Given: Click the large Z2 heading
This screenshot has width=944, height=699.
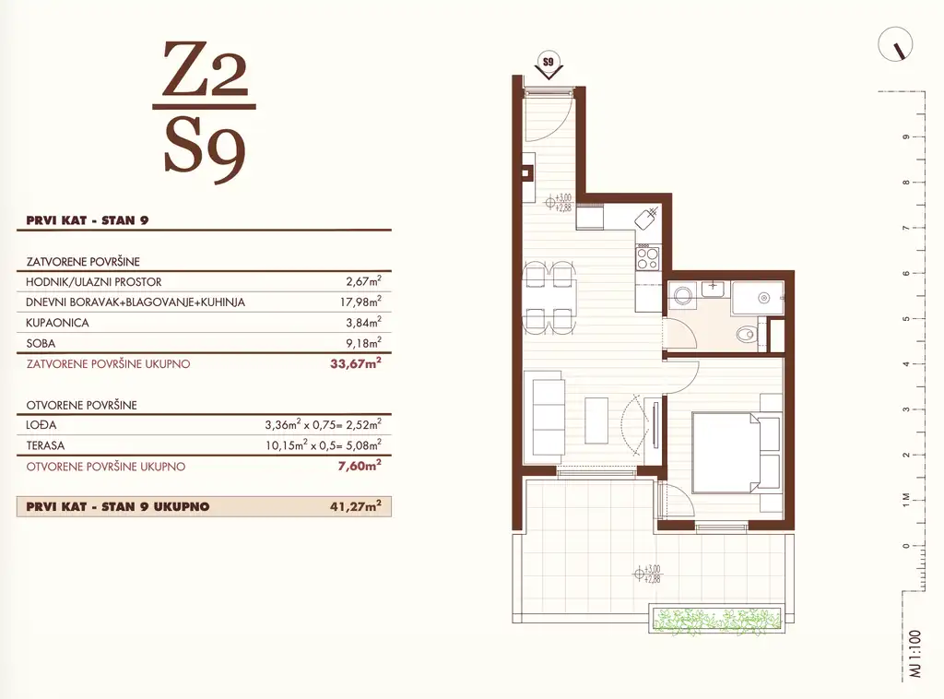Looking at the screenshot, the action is [206, 69].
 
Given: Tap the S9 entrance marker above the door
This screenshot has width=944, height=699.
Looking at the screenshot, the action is [548, 65].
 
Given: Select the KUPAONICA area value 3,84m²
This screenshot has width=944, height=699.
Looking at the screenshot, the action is [363, 322].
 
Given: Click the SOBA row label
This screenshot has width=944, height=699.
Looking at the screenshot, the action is [41, 343].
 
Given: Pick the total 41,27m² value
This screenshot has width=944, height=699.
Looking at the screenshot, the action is [355, 505].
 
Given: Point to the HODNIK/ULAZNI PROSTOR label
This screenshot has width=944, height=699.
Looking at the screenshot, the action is [94, 282].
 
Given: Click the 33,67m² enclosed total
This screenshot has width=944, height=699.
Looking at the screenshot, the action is [355, 363].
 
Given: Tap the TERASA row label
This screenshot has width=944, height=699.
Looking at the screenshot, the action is [45, 445].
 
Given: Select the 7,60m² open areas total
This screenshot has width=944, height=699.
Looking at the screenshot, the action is [360, 466].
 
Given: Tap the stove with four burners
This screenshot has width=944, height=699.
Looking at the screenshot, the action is [648, 257].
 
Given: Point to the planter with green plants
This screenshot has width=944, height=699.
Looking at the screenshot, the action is [717, 619].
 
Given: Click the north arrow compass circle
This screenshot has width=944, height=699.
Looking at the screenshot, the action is [895, 44].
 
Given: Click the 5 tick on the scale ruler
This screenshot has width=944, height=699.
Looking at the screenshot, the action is [906, 318].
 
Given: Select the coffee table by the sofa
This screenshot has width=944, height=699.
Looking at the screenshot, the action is [596, 419].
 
